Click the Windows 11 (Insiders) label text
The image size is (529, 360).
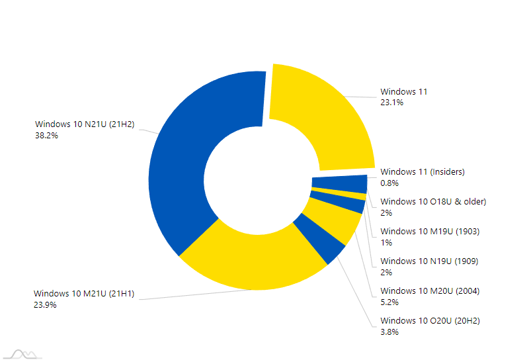(x=423, y=172)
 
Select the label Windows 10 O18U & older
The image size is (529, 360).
(x=433, y=201)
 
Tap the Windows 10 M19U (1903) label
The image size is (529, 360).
(x=430, y=232)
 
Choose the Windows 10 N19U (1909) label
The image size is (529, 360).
(x=429, y=261)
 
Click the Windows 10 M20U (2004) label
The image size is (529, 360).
(x=430, y=291)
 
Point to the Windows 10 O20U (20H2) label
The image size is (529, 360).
(x=430, y=321)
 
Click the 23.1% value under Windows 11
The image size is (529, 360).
(x=391, y=103)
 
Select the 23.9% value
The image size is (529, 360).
(x=46, y=305)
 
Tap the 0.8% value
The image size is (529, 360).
(x=389, y=183)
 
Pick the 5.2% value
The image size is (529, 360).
(x=389, y=302)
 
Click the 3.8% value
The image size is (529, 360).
(x=389, y=332)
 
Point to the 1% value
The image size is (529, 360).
(x=386, y=242)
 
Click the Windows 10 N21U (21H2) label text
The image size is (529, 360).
(x=85, y=124)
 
